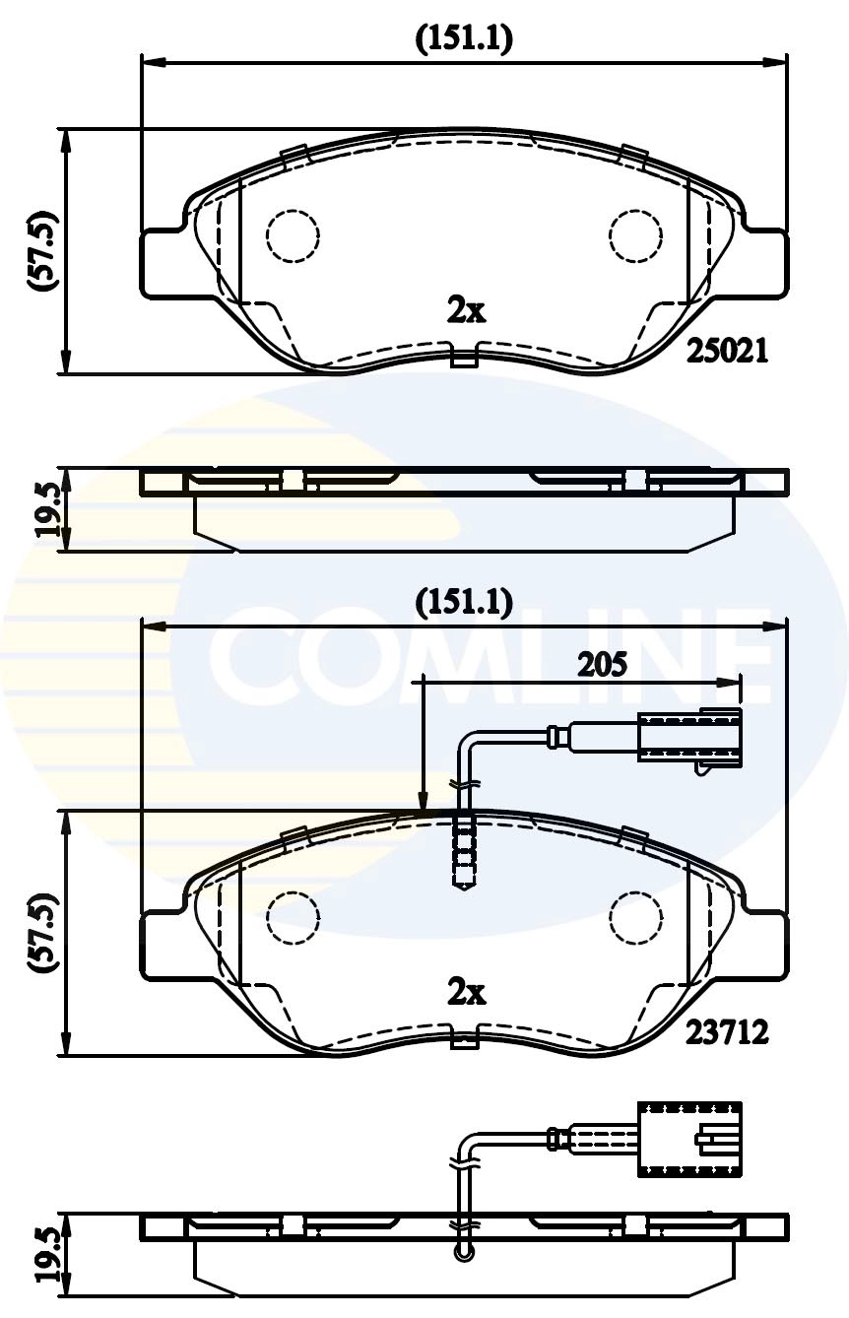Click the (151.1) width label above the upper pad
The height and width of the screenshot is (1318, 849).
pyautogui.click(x=464, y=39)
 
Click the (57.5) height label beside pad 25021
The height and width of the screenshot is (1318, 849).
pyautogui.click(x=45, y=251)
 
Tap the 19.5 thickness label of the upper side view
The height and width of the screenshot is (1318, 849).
pyautogui.click(x=47, y=510)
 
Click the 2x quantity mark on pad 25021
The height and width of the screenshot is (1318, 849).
pyautogui.click(x=466, y=312)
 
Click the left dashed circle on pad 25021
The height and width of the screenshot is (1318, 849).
pyautogui.click(x=293, y=235)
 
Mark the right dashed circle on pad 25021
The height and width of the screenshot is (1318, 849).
pyautogui.click(x=635, y=235)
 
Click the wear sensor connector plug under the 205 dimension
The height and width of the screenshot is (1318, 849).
pyautogui.click(x=690, y=741)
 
